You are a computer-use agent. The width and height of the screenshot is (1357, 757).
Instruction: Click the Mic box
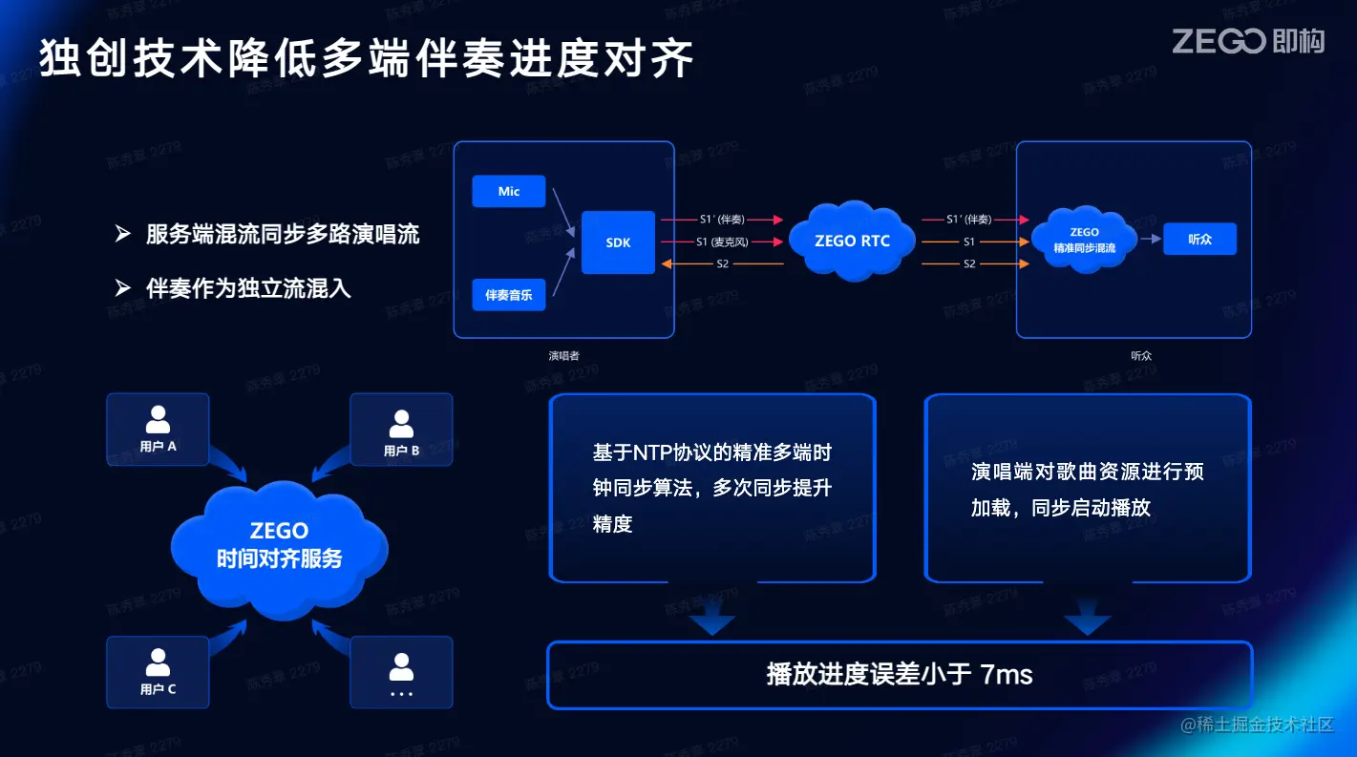coord(509,192)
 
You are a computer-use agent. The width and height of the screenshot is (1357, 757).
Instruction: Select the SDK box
coord(618,242)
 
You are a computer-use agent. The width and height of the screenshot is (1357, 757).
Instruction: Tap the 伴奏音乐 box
coord(509,294)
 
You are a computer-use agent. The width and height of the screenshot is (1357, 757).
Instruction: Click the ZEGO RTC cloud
coord(852,241)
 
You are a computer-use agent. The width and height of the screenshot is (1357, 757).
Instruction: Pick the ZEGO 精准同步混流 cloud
coord(1084,241)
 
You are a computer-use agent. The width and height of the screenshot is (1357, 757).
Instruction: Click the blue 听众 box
coord(1199,240)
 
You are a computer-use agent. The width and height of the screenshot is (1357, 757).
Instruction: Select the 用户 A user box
coord(158,430)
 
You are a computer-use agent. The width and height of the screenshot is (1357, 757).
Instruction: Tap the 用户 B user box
coord(401,430)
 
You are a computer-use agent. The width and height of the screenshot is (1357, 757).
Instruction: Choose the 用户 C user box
coord(158,672)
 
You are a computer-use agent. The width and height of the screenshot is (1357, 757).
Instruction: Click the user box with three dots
coord(401,672)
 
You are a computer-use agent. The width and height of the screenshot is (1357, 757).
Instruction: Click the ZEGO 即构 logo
coord(1247,41)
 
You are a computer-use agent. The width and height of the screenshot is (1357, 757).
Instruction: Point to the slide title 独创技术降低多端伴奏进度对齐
coord(366,59)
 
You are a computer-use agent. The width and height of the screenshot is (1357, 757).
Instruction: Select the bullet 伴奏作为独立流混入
coord(248,288)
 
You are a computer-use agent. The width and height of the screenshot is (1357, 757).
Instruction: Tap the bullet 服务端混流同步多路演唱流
coord(282,235)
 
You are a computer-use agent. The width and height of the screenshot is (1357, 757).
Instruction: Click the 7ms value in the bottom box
coord(1007,675)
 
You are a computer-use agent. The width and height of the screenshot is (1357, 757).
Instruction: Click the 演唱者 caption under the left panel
coord(563,356)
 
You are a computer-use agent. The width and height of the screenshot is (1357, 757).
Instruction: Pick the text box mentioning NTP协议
coord(712,488)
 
